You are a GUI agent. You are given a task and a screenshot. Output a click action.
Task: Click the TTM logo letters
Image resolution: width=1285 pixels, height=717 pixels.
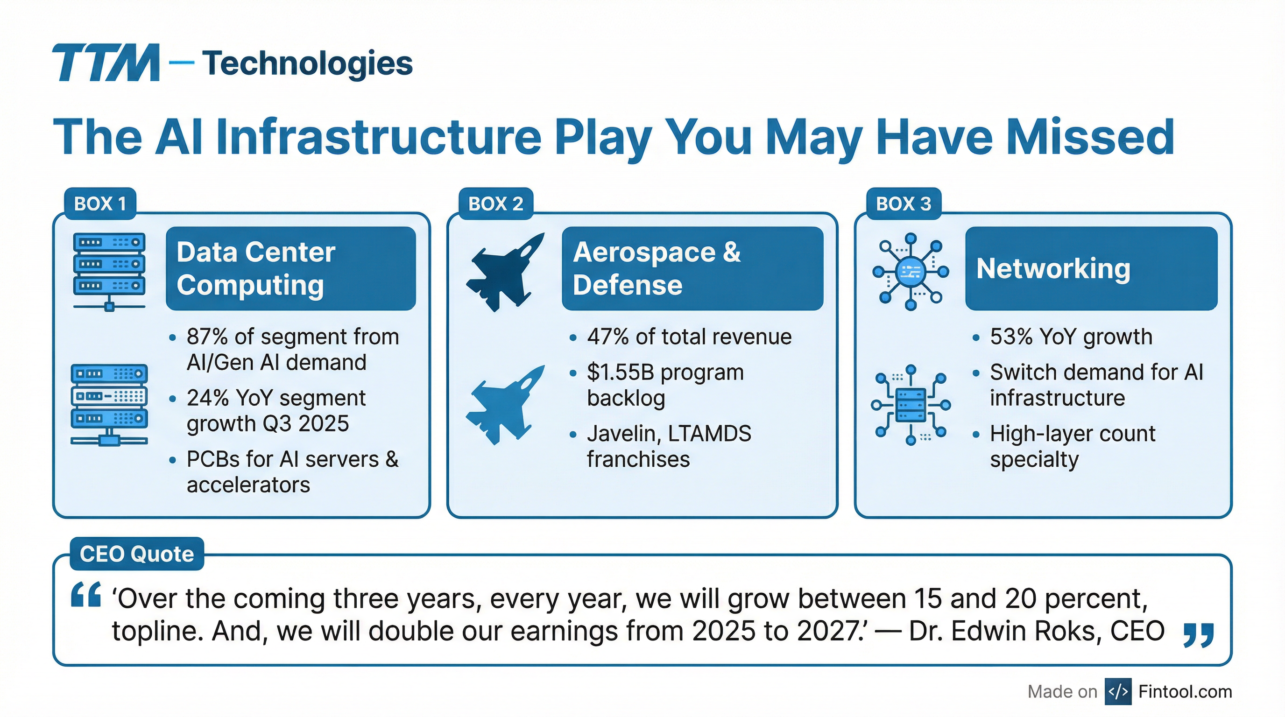point(106,63)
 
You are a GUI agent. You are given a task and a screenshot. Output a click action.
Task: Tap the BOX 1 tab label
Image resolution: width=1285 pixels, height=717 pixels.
point(100,204)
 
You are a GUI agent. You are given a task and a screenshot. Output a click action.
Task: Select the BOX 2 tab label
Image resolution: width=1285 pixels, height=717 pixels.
point(496,204)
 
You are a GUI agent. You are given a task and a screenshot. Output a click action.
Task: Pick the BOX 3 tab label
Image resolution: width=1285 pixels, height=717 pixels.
point(904,204)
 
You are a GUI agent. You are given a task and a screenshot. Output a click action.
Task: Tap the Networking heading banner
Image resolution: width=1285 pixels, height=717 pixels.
point(1091,268)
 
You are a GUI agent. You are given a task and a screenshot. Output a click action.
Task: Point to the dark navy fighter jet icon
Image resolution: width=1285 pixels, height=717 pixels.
point(505,272)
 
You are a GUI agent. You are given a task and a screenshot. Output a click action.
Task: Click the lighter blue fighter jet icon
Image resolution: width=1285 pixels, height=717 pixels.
point(505,404)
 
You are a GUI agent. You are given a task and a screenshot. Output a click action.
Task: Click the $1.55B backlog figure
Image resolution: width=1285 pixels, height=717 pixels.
point(616,372)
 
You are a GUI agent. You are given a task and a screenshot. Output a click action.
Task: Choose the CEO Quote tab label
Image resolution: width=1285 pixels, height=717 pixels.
point(137,554)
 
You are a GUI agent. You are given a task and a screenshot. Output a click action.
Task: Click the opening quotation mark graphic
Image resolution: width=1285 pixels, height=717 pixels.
point(86,594)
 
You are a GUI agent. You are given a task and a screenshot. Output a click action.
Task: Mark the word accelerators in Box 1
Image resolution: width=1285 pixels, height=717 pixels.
point(248,485)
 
